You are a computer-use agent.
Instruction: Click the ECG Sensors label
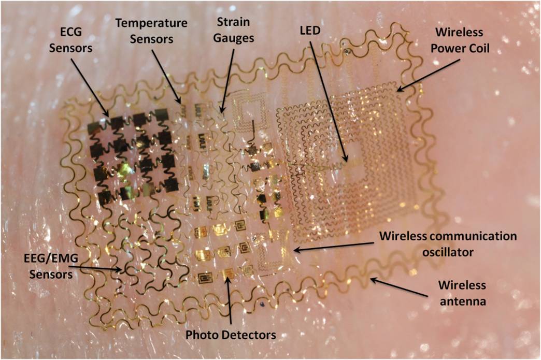point(70,40)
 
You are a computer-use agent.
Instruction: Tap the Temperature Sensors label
point(151,31)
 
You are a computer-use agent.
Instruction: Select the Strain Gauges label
point(233,30)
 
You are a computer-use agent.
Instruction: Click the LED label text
point(310,31)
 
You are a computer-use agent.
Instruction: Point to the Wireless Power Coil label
point(460,40)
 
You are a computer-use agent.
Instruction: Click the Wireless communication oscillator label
point(448,244)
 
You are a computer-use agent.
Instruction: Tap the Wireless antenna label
point(462,293)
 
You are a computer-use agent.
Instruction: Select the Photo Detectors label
point(231,335)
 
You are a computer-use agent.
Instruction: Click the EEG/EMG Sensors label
point(51,266)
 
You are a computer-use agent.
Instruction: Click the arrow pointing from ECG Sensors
point(90,87)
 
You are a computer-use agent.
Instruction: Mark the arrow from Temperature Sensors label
point(166,76)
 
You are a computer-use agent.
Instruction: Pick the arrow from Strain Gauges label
point(228,80)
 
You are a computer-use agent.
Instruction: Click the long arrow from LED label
point(329,102)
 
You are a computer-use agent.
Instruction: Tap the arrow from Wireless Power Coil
point(428,75)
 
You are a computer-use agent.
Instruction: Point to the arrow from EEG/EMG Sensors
point(96,269)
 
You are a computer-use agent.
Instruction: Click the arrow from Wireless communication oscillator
point(333,247)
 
